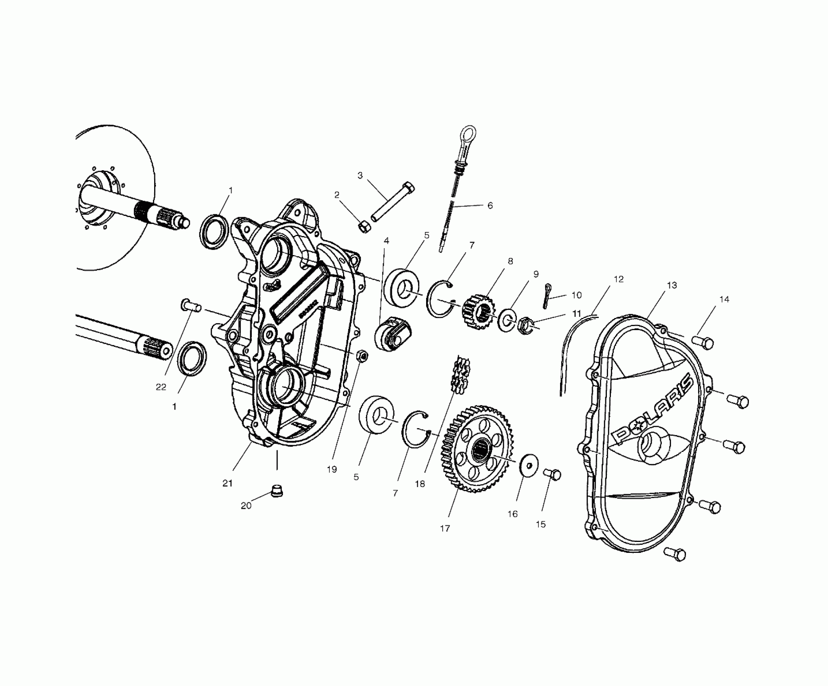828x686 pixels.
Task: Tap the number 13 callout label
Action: pos(671,285)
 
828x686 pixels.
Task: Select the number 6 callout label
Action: pos(490,205)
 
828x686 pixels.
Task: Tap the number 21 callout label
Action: pos(228,483)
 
